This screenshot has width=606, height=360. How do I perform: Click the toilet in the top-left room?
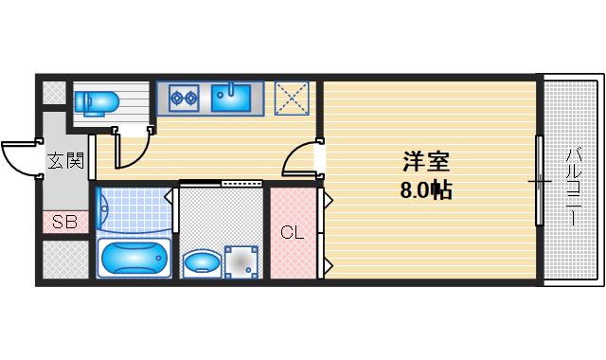[96, 100]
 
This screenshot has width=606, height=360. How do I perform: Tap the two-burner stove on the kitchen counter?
[183, 96]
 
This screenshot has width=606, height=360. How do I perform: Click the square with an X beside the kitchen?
[292, 98]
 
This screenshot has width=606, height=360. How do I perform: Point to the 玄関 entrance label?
[66, 160]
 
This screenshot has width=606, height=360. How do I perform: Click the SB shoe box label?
[64, 224]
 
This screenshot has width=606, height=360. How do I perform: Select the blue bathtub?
[133, 257]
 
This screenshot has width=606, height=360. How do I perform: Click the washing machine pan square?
[241, 260]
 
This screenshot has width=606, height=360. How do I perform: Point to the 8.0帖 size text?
[424, 189]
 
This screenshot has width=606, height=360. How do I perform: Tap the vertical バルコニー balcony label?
[574, 185]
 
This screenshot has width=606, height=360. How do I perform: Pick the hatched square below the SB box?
[64, 259]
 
